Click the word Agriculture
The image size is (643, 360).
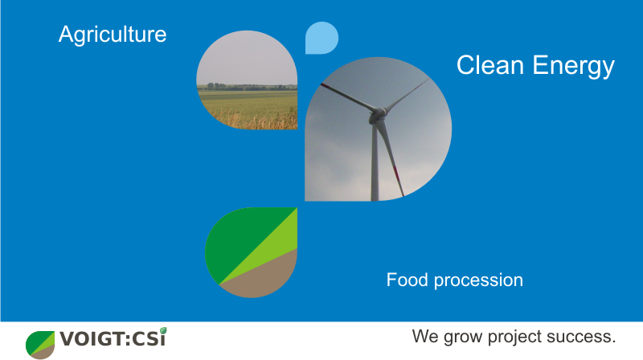pos(113,35)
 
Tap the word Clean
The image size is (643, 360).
pos(490,65)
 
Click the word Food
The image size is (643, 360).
pos(408,280)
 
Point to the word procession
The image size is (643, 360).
pos(478,281)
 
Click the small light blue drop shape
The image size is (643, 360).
pos(321,38)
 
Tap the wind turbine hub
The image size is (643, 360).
pos(377,115)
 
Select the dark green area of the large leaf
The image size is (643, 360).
pos(242,238)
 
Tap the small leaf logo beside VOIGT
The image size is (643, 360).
pos(40,345)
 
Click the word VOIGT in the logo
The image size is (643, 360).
pos(92,339)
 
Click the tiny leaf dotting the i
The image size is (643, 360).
pos(163,330)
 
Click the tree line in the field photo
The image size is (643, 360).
pos(247,87)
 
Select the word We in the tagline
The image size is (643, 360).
pos(426,336)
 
